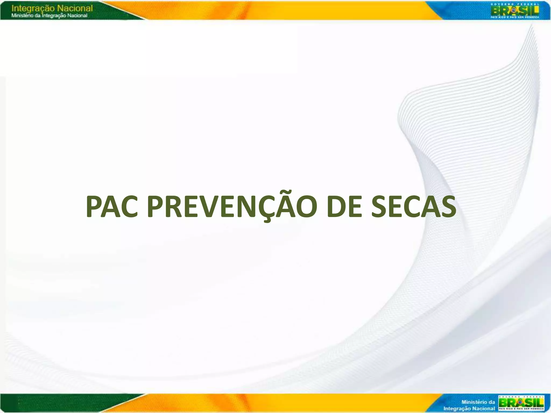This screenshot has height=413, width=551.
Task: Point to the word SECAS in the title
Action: click(x=414, y=207)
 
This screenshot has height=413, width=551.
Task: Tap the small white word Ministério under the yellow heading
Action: click(x=20, y=16)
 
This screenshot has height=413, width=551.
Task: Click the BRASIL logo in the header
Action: click(x=514, y=11)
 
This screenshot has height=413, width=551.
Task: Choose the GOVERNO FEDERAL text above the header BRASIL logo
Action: click(x=514, y=4)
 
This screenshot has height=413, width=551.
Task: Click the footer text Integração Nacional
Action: click(x=469, y=408)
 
